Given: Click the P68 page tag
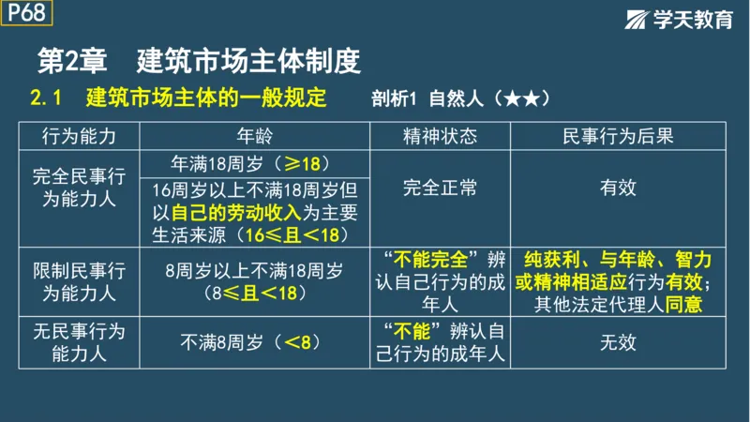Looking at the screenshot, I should [x=26, y=12].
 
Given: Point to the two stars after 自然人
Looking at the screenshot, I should [x=521, y=98].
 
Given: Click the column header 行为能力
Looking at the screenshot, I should [x=80, y=136].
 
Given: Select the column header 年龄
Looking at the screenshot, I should [x=254, y=136].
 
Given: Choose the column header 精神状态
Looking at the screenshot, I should [x=440, y=136].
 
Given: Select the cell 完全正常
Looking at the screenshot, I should [x=440, y=188].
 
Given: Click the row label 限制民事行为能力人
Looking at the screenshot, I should [x=80, y=281].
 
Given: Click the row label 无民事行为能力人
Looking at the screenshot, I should [x=80, y=342].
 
